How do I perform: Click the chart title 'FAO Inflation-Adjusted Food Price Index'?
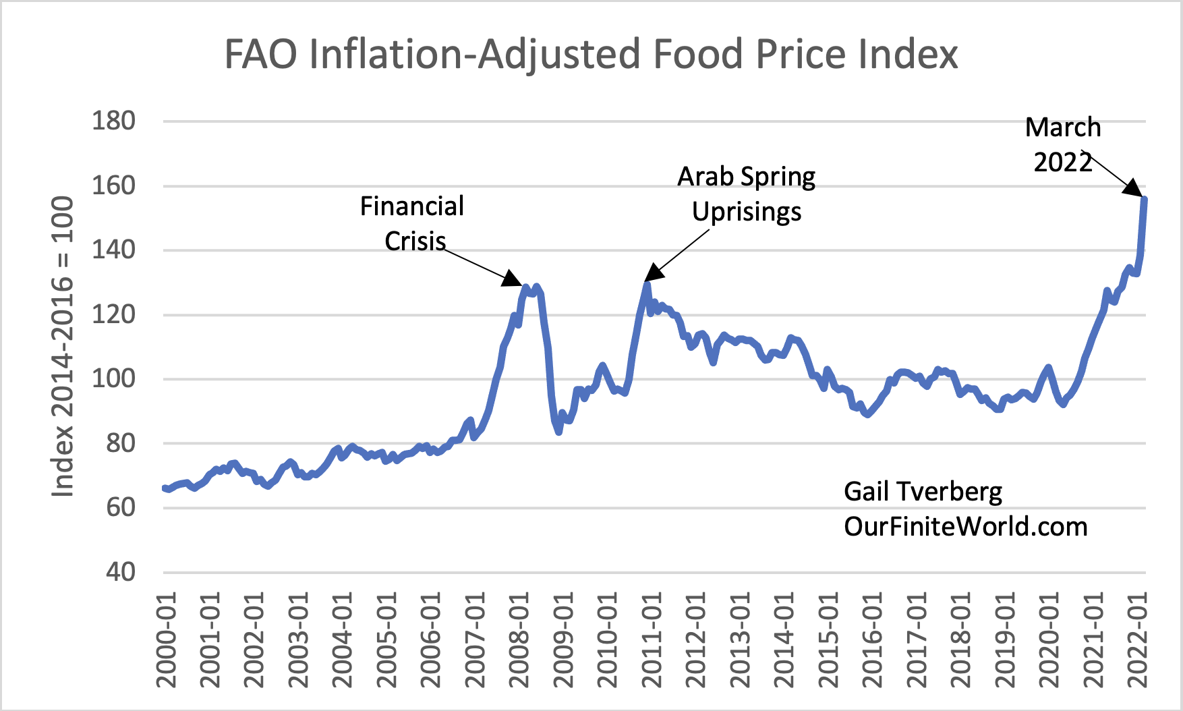(x=590, y=54)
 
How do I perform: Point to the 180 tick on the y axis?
(x=113, y=121)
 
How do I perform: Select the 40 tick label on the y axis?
(x=120, y=572)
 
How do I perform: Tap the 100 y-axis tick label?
(x=113, y=378)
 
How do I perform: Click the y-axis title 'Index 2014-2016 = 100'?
(x=63, y=347)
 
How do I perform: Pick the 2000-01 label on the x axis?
(x=167, y=639)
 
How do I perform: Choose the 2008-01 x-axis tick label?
(x=519, y=639)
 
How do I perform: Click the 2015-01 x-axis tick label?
(x=828, y=639)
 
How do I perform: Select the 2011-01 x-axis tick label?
(x=652, y=639)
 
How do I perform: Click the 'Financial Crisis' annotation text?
(x=412, y=223)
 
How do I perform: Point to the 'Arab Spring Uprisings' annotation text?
(x=746, y=194)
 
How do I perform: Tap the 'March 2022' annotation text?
(x=1063, y=144)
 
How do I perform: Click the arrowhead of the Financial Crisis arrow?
(x=515, y=280)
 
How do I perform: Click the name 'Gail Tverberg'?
(x=923, y=491)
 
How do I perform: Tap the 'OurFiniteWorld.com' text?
(x=966, y=526)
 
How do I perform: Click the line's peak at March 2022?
(x=1145, y=198)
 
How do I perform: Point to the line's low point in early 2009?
(x=559, y=431)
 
